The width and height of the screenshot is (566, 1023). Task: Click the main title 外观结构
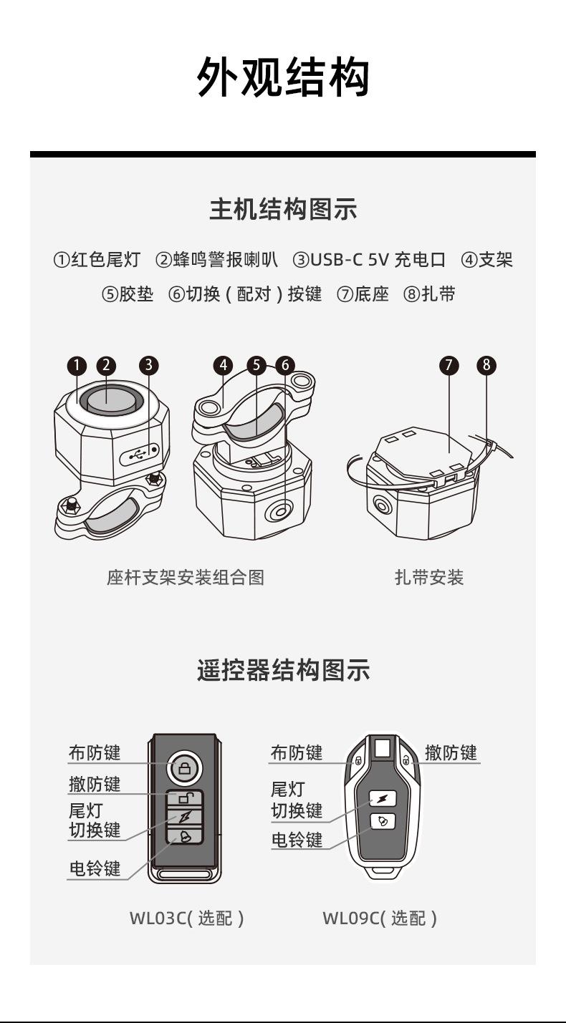click(283, 77)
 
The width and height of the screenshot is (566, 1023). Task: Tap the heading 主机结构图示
click(283, 210)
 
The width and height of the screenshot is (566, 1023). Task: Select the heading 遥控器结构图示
click(283, 671)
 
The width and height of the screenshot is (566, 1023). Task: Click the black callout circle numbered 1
click(77, 365)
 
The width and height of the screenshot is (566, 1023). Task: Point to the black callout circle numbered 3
click(148, 365)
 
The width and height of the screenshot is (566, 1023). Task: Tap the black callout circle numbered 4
click(224, 365)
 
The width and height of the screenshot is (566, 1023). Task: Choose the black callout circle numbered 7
click(449, 365)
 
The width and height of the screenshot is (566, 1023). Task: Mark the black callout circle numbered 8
click(486, 365)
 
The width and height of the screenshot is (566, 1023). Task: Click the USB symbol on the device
click(138, 453)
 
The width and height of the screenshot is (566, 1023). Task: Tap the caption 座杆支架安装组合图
click(186, 577)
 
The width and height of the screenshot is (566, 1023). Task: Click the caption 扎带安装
click(429, 577)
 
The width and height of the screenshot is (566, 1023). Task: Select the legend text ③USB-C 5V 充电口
click(369, 260)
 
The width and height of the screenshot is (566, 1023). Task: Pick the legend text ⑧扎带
click(430, 294)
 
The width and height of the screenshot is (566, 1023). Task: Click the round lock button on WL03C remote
click(185, 769)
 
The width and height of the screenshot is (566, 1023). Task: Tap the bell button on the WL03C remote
click(185, 835)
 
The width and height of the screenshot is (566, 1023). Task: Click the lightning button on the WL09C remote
click(382, 798)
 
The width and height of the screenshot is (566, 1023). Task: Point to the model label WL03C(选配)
click(186, 918)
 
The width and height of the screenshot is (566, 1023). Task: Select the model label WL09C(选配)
click(379, 918)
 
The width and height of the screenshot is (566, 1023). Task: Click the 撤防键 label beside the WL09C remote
click(451, 752)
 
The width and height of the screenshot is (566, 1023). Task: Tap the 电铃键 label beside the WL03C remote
click(95, 868)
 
